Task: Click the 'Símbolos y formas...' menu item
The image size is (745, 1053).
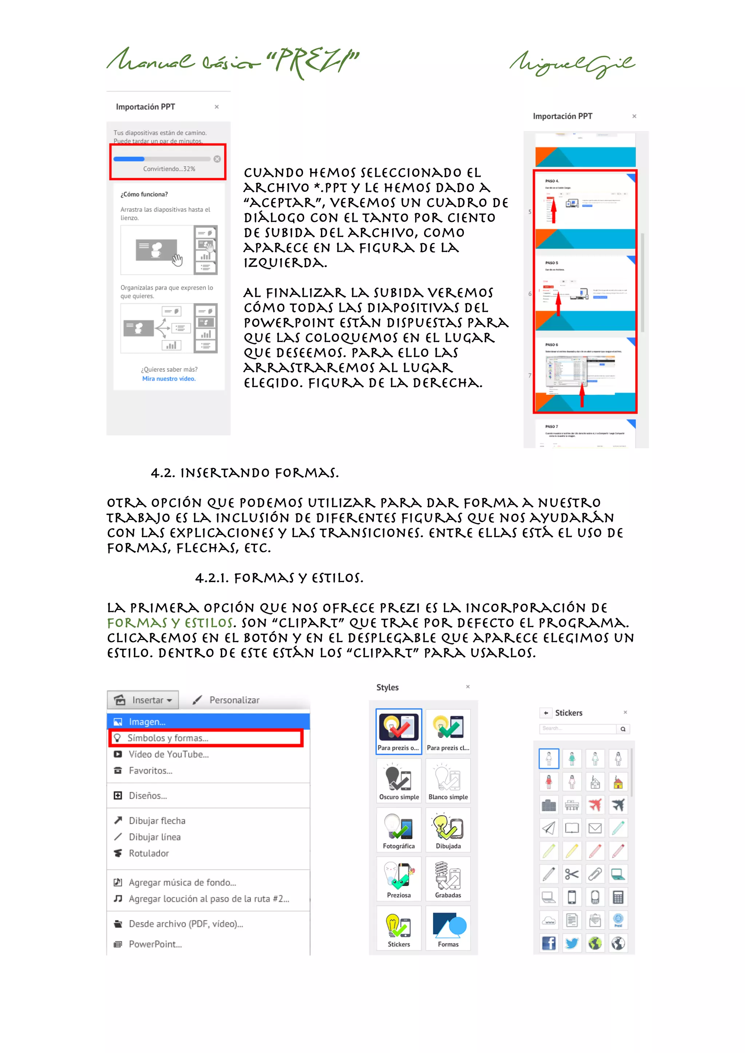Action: coord(168,738)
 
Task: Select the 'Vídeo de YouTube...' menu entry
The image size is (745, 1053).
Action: coord(168,754)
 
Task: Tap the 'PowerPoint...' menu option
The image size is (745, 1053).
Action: coord(155,944)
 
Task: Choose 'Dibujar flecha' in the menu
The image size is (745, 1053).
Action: coord(157,821)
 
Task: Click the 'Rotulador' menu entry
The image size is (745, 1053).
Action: coord(149,854)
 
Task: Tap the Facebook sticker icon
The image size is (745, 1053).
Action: coord(549,943)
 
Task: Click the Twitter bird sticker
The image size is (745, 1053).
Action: coord(572,943)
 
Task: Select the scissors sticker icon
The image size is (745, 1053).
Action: coord(572,874)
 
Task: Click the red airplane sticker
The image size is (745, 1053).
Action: coord(595,805)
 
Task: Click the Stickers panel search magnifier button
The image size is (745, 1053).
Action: coord(623,729)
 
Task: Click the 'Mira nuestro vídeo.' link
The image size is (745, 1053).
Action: coord(169,379)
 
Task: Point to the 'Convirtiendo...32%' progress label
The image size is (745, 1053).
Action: coord(169,169)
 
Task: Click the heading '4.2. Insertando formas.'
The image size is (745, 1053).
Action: coord(245,473)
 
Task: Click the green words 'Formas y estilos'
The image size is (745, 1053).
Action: coord(170,623)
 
